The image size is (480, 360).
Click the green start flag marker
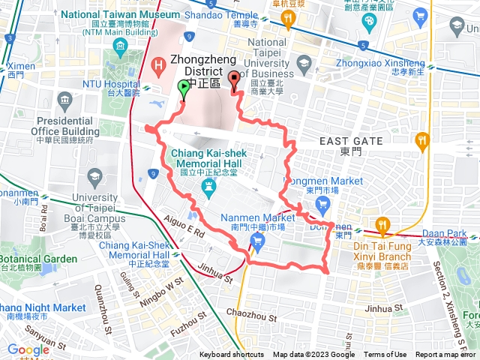point(184,88)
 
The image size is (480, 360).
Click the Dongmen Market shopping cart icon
point(323,203)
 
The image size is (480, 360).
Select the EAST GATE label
point(351,141)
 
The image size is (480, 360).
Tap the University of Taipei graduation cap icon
point(94,176)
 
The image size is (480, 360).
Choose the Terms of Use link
point(385,355)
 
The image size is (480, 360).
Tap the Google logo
point(28,349)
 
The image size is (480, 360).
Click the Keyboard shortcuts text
point(232,355)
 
